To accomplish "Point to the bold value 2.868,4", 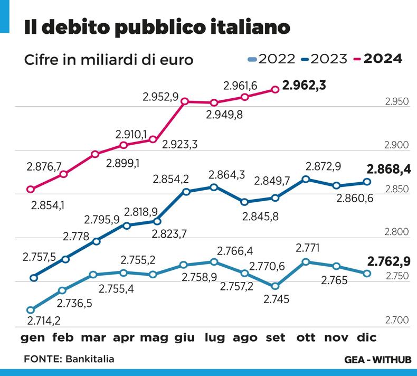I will (x=388, y=170).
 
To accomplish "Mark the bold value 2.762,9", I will (x=388, y=261).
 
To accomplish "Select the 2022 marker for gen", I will (x=31, y=310).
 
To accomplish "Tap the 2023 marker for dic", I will (x=366, y=182).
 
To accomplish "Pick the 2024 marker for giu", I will (x=184, y=101).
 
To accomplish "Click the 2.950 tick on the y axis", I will (x=397, y=102).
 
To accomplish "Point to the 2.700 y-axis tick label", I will (x=397, y=320).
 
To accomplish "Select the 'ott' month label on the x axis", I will (x=306, y=337).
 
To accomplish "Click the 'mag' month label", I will (x=154, y=337).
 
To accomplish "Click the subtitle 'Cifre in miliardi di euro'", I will (x=108, y=60).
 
